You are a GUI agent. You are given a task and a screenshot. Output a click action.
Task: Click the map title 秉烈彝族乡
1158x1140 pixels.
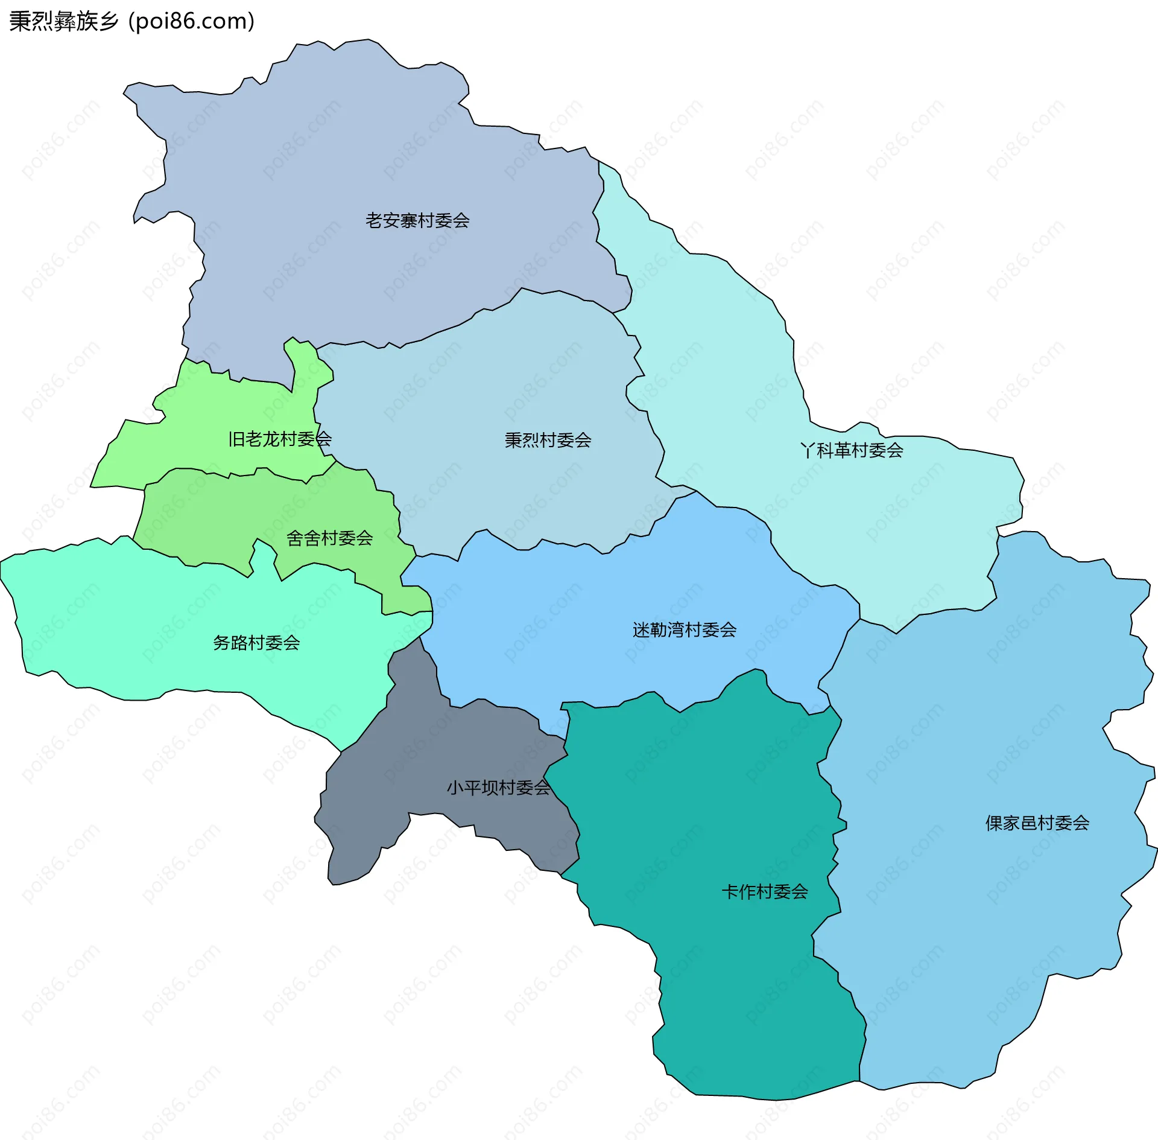tap(63, 21)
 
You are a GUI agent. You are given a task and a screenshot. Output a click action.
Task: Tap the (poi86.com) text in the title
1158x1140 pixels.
tap(192, 21)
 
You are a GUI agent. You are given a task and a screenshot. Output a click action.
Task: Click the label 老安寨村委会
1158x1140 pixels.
tap(417, 220)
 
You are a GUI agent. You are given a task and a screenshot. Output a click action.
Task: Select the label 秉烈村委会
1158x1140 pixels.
tap(548, 440)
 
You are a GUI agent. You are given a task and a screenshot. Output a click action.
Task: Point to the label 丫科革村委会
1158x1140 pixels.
tap(852, 450)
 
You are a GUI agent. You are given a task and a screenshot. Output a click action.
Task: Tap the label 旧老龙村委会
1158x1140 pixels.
tap(280, 439)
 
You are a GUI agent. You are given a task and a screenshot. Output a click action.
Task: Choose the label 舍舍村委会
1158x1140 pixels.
tap(329, 538)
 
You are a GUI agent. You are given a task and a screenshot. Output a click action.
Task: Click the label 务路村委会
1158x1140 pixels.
tap(256, 643)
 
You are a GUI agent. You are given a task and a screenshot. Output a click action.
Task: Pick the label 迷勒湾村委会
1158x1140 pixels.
tap(685, 630)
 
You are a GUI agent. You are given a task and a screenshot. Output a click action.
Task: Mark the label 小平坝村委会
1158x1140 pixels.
tap(498, 788)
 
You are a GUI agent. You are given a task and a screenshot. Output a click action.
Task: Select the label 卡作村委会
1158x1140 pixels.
tap(765, 891)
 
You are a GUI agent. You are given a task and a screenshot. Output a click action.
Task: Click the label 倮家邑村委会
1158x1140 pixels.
tap(1037, 823)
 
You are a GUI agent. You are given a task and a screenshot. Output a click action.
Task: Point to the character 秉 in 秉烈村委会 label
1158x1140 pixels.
tap(513, 440)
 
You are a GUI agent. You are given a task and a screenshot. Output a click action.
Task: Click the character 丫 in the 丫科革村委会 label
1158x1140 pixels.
tap(808, 450)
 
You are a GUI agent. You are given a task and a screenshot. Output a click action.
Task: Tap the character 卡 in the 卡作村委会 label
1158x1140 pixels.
tap(730, 891)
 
